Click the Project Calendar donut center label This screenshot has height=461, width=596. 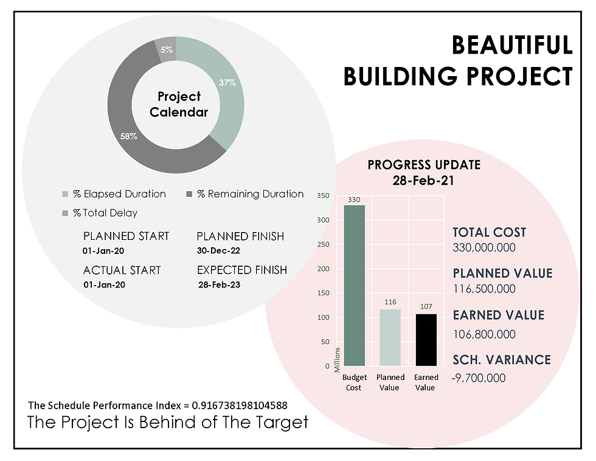179,104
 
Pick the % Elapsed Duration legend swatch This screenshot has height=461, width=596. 65,194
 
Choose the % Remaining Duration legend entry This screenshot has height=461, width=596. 245,194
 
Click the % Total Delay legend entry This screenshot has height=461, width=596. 100,213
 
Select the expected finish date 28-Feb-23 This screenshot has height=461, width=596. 220,285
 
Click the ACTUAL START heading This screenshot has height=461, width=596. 122,270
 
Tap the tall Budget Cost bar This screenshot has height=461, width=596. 354,286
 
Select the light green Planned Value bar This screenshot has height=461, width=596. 390,337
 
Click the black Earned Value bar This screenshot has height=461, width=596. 426,340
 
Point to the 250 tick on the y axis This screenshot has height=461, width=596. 324,244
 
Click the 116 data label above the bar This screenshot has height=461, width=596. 390,302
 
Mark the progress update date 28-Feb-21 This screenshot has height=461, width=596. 423,180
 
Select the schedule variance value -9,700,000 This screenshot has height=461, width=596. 479,378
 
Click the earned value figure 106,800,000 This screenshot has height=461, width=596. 484,334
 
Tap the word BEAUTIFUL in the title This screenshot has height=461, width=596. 512,45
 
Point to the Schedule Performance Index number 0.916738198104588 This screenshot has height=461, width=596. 240,406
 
